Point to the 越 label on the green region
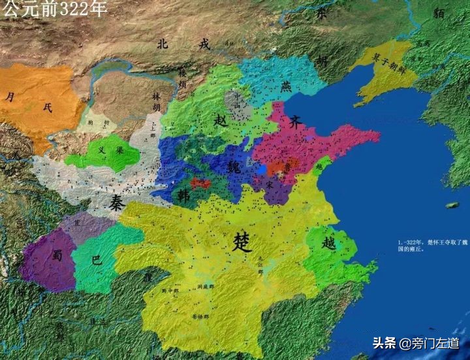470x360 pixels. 329,243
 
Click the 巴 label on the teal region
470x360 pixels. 96,260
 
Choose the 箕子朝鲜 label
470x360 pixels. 390,59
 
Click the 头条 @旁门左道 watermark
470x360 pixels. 415,343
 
